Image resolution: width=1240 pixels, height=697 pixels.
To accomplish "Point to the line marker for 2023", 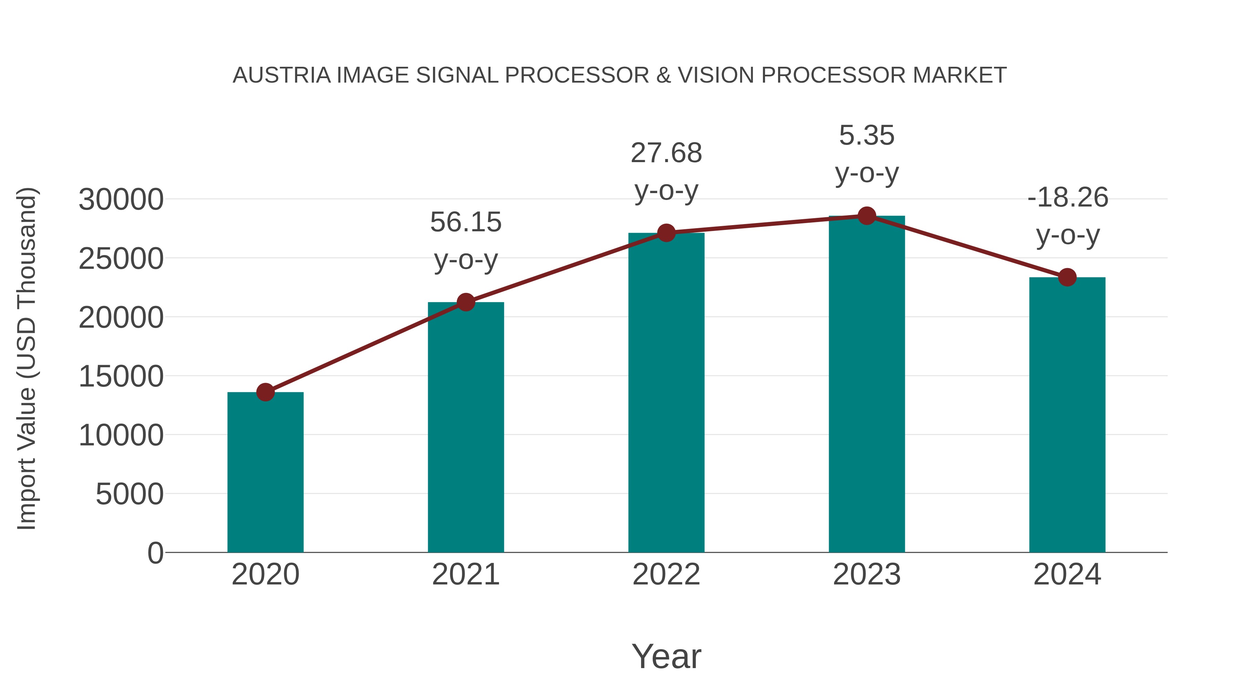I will coord(867,216).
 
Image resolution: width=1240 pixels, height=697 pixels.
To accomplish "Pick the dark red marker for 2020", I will coord(265,392).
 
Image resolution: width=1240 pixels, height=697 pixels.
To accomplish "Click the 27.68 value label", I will coord(666,153).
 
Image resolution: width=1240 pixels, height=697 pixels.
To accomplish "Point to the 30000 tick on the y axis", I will coord(121,200).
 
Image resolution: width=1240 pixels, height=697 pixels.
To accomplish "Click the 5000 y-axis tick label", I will coord(130,494).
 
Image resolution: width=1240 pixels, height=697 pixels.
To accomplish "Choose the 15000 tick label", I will coord(121,376).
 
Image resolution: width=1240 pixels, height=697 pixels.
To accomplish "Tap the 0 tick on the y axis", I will coord(155,553).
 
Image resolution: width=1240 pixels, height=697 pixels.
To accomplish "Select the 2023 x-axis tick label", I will coord(867,574).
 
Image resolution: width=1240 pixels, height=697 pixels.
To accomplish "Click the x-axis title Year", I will coord(666,656).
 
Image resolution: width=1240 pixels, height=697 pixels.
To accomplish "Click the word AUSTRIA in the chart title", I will coord(282,75).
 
